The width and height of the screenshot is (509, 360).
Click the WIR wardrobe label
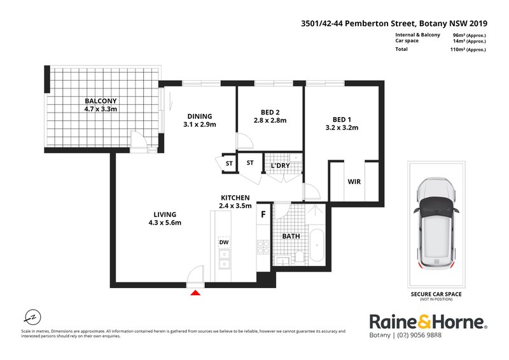(354, 182)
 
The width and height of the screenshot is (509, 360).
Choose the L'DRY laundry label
(280, 166)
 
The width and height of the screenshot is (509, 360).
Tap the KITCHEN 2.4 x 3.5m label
(235, 202)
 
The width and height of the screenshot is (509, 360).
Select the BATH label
(291, 237)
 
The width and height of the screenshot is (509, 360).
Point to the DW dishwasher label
(223, 242)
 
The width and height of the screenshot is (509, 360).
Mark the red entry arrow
(196, 292)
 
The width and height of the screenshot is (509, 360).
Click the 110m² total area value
(468, 50)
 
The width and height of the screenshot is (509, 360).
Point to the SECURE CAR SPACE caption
(436, 294)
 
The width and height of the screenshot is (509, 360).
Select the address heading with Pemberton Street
(394, 22)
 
